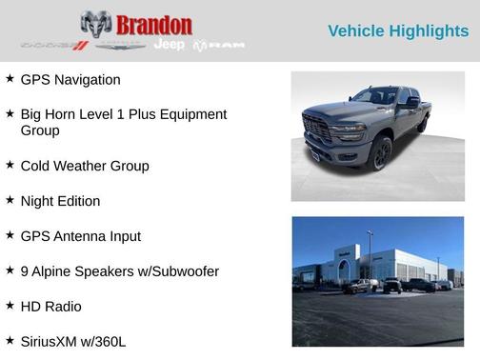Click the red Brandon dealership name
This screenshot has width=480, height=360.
(x=154, y=25)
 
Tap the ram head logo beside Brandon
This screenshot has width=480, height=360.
(x=95, y=25)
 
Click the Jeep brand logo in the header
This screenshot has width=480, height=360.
(x=169, y=45)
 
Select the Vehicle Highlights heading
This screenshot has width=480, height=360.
(x=398, y=31)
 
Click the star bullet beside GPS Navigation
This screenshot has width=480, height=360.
(x=10, y=79)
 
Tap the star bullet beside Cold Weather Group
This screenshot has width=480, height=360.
(x=10, y=165)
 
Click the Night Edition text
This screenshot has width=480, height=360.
(x=59, y=201)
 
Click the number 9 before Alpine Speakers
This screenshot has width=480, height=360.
(x=25, y=271)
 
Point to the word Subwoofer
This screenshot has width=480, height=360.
(x=188, y=271)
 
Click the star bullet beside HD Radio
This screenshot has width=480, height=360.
(x=10, y=306)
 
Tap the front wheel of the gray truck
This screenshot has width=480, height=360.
(x=381, y=151)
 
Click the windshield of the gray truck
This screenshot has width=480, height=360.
(x=375, y=96)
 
